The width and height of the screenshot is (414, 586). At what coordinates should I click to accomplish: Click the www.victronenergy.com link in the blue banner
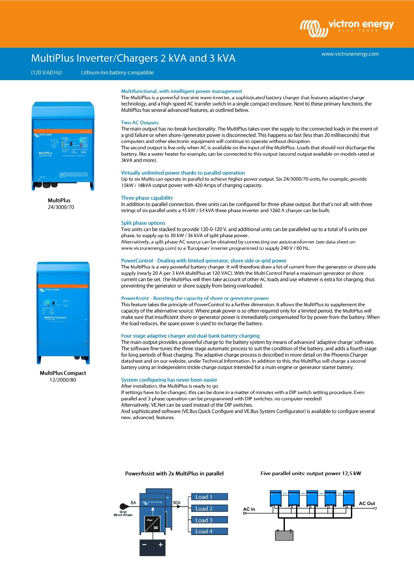click(350, 54)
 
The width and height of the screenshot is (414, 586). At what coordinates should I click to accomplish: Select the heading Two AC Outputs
click(139, 123)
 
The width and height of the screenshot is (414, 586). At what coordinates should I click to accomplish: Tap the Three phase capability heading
click(147, 198)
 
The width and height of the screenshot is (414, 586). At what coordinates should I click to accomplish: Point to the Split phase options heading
click(143, 223)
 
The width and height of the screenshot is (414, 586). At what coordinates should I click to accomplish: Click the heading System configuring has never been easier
click(169, 380)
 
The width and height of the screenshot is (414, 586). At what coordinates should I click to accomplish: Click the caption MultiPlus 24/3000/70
click(60, 204)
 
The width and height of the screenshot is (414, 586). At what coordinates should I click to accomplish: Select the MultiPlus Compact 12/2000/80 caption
click(63, 376)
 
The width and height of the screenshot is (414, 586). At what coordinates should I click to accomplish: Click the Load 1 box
click(209, 497)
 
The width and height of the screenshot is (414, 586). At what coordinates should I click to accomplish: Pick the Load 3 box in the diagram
click(209, 520)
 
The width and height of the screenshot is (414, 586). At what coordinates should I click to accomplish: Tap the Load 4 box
click(209, 531)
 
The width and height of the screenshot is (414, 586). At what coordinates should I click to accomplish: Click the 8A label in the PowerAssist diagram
click(133, 503)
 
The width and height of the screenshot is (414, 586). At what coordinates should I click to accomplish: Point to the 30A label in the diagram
click(176, 503)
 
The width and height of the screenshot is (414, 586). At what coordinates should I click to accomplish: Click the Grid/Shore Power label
click(123, 514)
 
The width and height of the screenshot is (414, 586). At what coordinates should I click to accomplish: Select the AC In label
click(249, 509)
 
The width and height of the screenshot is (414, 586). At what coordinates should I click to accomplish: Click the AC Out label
click(367, 504)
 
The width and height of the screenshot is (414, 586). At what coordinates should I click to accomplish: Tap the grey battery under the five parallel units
click(284, 536)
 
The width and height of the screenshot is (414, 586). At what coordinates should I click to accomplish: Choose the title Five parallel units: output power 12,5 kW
click(311, 473)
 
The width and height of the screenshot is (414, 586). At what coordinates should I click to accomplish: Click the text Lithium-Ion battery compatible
click(117, 73)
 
